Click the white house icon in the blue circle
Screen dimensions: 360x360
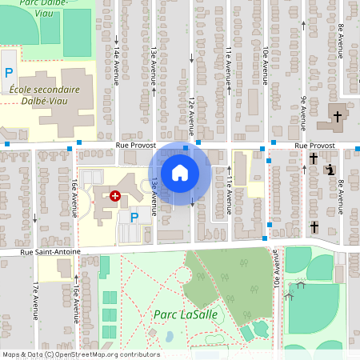click(x=180, y=173)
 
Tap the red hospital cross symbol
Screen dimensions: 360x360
click(x=115, y=195)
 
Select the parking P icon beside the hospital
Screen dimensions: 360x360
click(x=134, y=216)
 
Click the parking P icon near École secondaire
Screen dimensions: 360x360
click(x=9, y=73)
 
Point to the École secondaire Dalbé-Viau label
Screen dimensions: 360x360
click(x=46, y=96)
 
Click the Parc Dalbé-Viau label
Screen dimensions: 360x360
click(x=46, y=3)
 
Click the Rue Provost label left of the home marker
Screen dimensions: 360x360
click(x=133, y=146)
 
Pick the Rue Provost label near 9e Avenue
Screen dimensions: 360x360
click(x=314, y=146)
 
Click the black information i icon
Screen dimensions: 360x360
click(x=330, y=170)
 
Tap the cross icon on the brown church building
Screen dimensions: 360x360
click(x=337, y=117)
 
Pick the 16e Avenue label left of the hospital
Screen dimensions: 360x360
click(x=73, y=198)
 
